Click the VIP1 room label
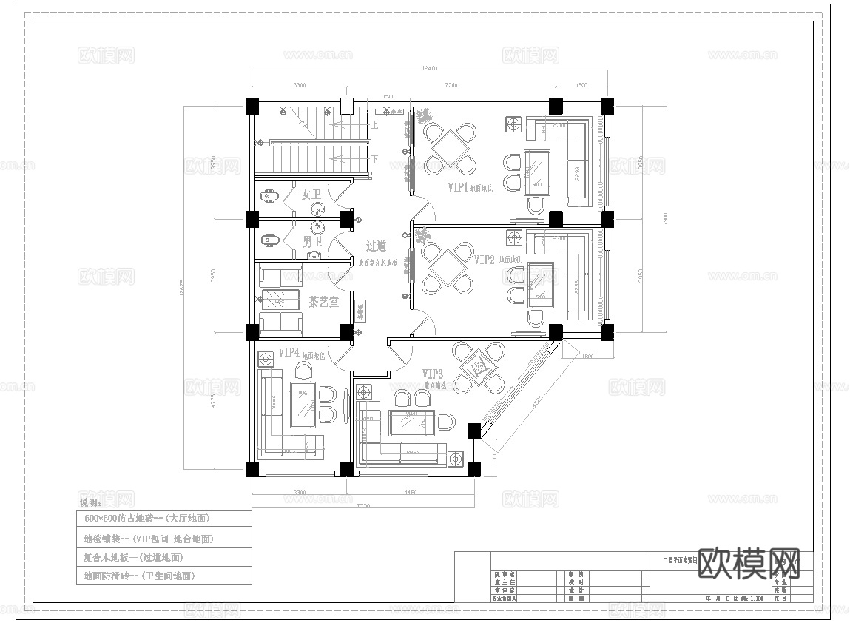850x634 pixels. pos(458,187)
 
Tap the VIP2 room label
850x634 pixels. pos(484,260)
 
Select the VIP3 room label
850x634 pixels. pos(433,374)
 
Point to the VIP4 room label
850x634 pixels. pos(289,352)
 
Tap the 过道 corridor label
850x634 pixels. pos(376,246)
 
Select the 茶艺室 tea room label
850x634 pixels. pos(323,301)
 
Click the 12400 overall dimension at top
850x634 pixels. pos(429,68)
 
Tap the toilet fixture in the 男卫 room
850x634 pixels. pos(268,241)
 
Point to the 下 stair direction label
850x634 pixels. pos(375,158)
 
